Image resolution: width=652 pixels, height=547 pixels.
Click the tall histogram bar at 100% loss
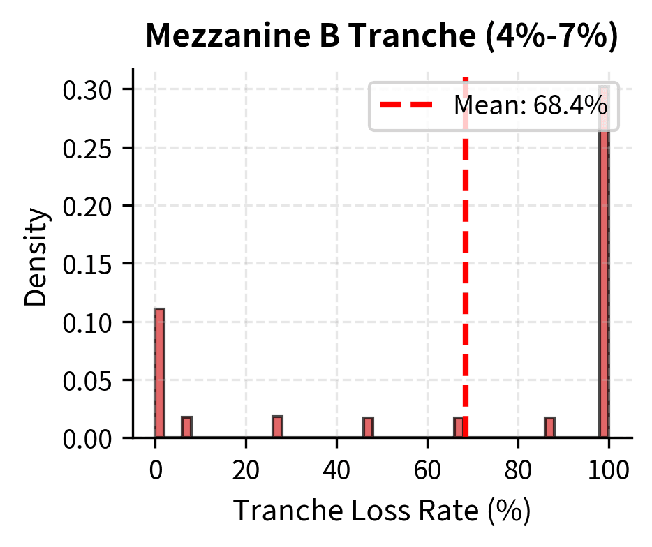[605, 279]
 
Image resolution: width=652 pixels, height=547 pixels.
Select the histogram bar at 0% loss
[159, 373]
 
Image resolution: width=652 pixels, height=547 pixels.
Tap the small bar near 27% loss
[277, 427]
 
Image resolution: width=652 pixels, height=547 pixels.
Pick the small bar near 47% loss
[368, 428]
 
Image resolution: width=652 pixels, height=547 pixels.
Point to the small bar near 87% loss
[549, 428]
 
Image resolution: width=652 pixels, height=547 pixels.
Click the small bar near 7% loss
[186, 427]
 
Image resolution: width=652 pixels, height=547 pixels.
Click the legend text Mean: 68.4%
[530, 107]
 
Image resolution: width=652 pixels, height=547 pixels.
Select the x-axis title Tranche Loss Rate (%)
[382, 511]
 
